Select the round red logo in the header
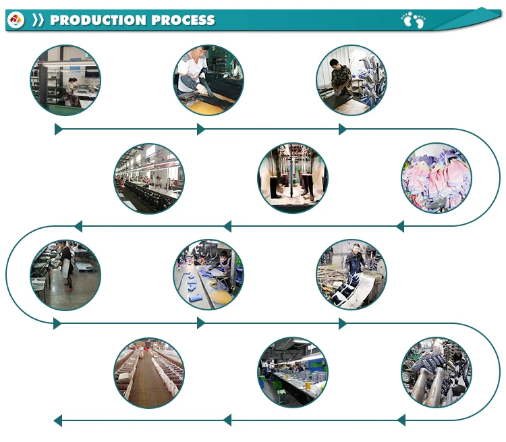[x=16, y=20]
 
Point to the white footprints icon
[x=414, y=20]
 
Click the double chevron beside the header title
[x=38, y=20]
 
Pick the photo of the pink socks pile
[x=436, y=178]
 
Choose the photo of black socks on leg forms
[x=292, y=178]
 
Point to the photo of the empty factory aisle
[x=148, y=372]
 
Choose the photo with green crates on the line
[x=292, y=372]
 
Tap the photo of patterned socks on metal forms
[x=436, y=372]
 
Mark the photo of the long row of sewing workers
[x=148, y=178]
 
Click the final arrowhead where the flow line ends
[x=58, y=421]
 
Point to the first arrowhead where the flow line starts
[x=59, y=129]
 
